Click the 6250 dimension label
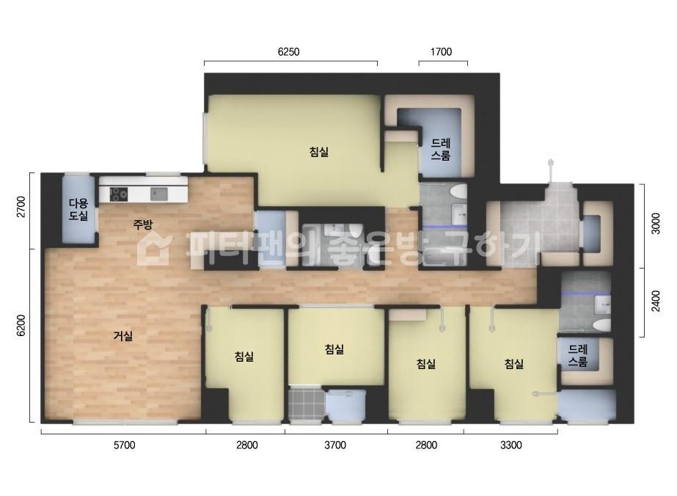(x=288, y=52)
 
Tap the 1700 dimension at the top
(x=441, y=52)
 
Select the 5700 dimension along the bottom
(x=125, y=445)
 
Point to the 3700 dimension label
(x=335, y=445)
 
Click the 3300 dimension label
(x=511, y=445)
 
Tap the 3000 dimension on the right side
(x=656, y=223)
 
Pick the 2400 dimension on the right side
(x=656, y=301)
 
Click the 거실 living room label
(x=123, y=336)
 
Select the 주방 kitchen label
(x=142, y=225)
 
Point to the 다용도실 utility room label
(x=78, y=209)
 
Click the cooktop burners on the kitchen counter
(x=118, y=194)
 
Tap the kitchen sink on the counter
(x=159, y=194)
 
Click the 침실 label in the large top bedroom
(x=319, y=152)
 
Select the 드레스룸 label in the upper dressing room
(x=440, y=150)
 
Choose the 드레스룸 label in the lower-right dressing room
(x=578, y=355)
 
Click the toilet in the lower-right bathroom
(x=601, y=325)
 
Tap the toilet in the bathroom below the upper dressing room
(x=458, y=192)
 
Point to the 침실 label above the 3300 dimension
(x=513, y=364)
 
